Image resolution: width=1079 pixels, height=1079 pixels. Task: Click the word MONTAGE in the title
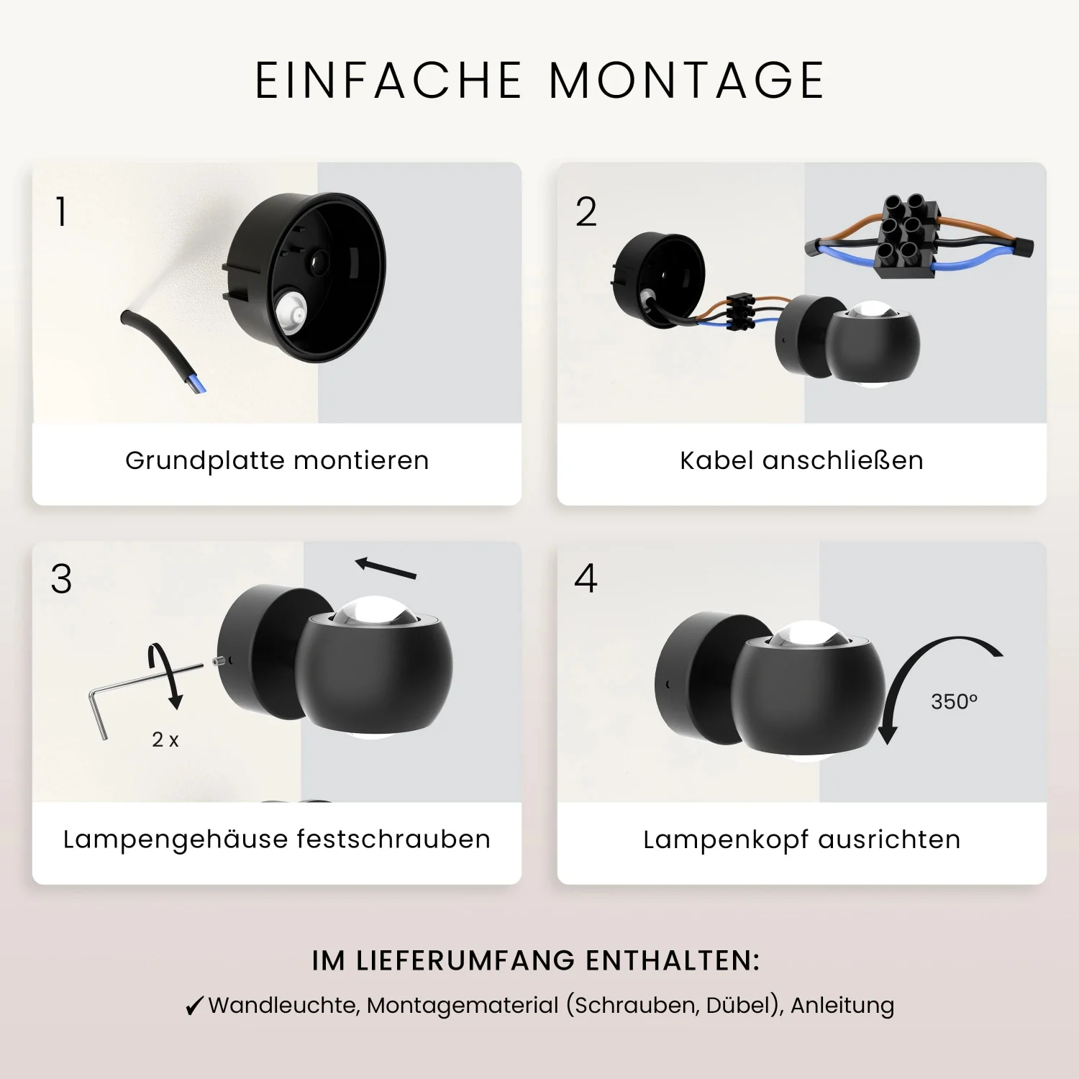click(686, 80)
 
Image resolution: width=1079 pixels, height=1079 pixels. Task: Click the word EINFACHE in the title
click(388, 80)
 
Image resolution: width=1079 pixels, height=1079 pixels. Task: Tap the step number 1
click(61, 212)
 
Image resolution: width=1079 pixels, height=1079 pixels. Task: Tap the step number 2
click(586, 212)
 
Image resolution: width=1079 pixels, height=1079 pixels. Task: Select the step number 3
click(62, 579)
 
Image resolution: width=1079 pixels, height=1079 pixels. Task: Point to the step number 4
click(586, 578)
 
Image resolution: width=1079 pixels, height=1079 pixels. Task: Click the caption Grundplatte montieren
click(277, 460)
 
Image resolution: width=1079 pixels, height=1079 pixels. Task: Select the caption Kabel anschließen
click(801, 460)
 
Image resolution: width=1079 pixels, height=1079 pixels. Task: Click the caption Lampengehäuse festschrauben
click(277, 839)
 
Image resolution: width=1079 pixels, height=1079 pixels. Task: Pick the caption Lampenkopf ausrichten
click(802, 839)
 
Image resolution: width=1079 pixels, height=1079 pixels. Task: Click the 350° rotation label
click(954, 701)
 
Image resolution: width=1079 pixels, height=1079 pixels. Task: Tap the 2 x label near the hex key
click(165, 739)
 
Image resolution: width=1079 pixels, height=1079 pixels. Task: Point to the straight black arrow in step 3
click(386, 568)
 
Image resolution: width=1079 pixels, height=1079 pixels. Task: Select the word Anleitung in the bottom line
click(842, 1005)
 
